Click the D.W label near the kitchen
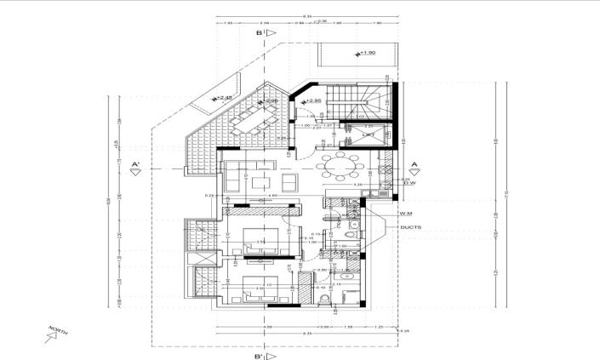[x=409, y=182]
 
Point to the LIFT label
[x=369, y=135]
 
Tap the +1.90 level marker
[x=365, y=53]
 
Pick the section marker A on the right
[x=414, y=167]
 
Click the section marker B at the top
[x=266, y=32]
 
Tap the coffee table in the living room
[x=263, y=181]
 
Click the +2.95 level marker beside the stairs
[x=312, y=102]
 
